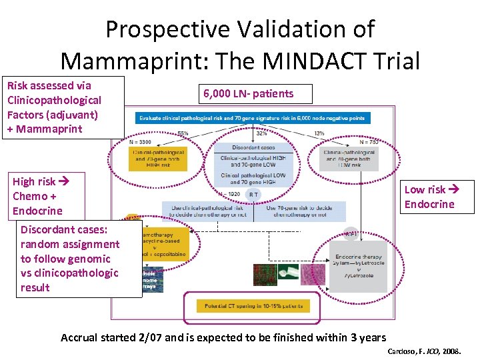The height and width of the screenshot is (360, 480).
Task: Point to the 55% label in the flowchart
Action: point(183,133)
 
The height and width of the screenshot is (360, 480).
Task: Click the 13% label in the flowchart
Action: point(320,133)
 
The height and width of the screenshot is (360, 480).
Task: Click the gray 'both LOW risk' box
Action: point(349,157)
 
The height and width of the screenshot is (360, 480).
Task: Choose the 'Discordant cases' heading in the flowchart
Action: point(252,147)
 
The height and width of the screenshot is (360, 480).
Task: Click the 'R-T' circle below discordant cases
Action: point(253,195)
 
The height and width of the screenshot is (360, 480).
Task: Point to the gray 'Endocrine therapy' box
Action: point(359,267)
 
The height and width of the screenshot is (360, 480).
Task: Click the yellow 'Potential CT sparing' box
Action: point(253,306)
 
